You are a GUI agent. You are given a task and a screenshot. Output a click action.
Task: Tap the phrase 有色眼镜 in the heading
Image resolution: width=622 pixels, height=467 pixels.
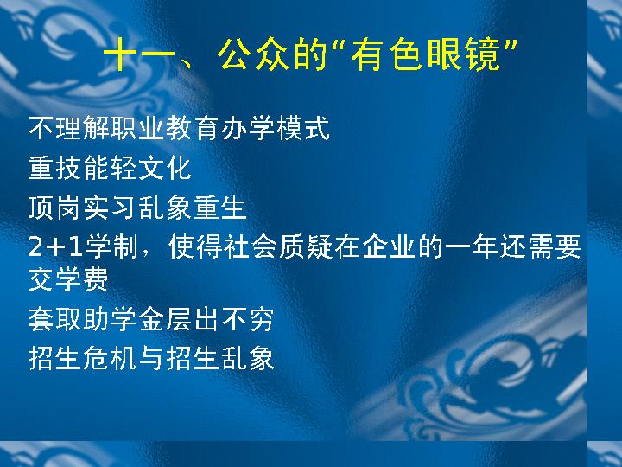pyautogui.click(x=426, y=54)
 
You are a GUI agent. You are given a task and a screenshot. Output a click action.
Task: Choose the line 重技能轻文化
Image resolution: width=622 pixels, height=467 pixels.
pyautogui.click(x=110, y=168)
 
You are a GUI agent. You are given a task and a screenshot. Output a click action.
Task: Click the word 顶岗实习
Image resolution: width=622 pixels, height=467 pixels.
pyautogui.click(x=83, y=208)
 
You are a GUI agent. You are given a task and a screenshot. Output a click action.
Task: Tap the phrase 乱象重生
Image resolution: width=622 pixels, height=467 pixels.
pyautogui.click(x=193, y=208)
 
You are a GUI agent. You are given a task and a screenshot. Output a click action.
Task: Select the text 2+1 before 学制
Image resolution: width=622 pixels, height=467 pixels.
pyautogui.click(x=55, y=246)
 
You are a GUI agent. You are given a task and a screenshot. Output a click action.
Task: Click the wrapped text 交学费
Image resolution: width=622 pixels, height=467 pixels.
pyautogui.click(x=68, y=279)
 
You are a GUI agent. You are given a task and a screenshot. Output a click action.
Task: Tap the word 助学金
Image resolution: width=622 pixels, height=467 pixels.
pyautogui.click(x=124, y=319)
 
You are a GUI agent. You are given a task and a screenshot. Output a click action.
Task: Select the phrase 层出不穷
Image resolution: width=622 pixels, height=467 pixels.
pyautogui.click(x=220, y=319)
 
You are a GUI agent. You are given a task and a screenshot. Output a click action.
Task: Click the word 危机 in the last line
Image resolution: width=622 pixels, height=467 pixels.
pyautogui.click(x=110, y=358)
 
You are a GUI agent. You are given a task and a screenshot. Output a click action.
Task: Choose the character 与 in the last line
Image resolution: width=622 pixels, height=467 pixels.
pyautogui.click(x=151, y=358)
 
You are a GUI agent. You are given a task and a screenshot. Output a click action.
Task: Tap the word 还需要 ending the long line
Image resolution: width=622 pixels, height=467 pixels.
pyautogui.click(x=541, y=246)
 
